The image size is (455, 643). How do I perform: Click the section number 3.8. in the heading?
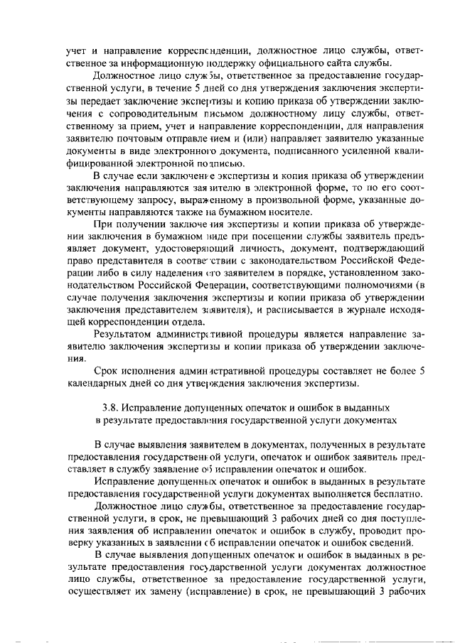(114, 409)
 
